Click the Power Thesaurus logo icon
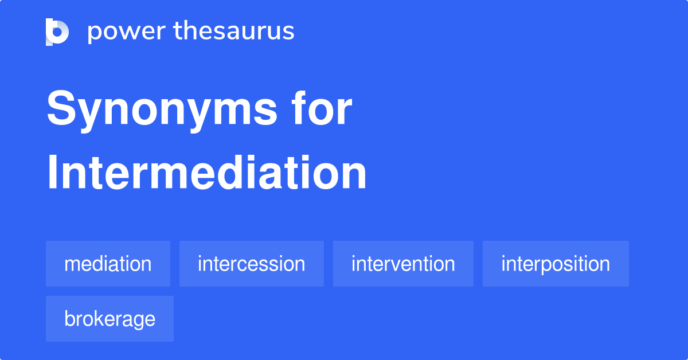tap(57, 32)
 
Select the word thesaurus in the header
tap(234, 32)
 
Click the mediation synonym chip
tap(108, 264)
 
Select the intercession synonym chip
tap(251, 264)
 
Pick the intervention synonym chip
tap(403, 264)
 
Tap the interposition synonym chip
tap(556, 264)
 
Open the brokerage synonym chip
tap(110, 319)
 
